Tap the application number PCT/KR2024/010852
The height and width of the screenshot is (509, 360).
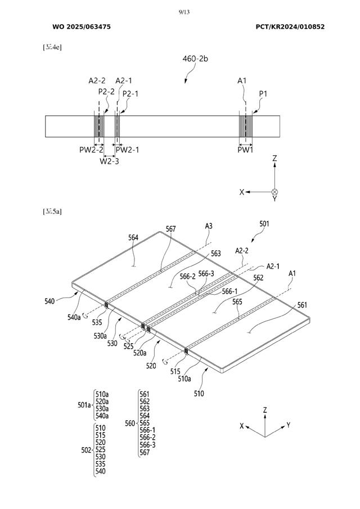(x=290, y=26)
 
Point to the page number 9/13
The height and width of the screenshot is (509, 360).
(x=179, y=11)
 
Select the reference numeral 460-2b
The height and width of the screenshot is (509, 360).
(x=196, y=58)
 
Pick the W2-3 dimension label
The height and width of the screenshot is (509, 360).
(x=109, y=161)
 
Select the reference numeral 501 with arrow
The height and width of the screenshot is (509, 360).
(x=264, y=223)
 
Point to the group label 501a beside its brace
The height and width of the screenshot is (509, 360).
(x=84, y=405)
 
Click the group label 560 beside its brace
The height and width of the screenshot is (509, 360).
(x=130, y=423)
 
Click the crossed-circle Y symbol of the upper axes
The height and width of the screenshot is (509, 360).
(x=274, y=192)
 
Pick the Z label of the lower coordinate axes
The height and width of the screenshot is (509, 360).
(x=265, y=411)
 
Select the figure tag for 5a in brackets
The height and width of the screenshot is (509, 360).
(x=52, y=211)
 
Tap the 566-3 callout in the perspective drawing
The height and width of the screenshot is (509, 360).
(x=206, y=274)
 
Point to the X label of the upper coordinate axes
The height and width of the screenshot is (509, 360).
(x=242, y=192)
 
